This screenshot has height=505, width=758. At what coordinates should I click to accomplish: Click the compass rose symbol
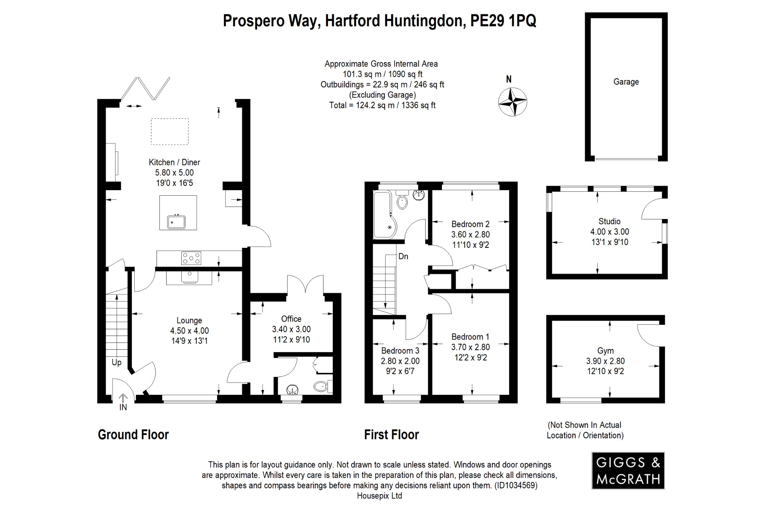(x=512, y=101)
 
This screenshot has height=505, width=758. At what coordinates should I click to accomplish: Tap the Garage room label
(x=626, y=82)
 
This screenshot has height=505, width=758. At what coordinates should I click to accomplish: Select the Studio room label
(x=609, y=221)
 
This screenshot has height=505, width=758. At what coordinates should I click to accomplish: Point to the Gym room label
(x=605, y=350)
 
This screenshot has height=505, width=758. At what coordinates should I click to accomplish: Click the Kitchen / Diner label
(x=174, y=162)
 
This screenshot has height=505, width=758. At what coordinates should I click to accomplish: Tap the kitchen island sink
(x=176, y=222)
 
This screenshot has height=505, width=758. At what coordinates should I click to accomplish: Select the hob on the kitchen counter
(x=191, y=258)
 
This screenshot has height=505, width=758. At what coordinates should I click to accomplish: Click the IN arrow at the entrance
(x=123, y=399)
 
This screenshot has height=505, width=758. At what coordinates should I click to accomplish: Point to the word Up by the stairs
(x=117, y=362)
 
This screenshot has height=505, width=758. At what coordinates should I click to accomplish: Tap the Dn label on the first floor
(x=403, y=256)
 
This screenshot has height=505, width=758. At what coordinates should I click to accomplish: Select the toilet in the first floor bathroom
(x=402, y=202)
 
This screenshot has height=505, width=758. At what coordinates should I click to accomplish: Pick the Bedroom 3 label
(x=400, y=350)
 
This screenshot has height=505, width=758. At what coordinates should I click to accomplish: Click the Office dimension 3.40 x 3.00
(x=291, y=329)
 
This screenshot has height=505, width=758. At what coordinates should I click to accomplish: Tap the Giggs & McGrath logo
(x=628, y=471)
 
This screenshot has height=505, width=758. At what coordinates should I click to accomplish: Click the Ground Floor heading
(x=133, y=434)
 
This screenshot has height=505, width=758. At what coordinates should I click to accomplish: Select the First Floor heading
(x=391, y=434)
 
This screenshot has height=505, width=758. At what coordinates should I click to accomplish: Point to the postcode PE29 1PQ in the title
(x=503, y=21)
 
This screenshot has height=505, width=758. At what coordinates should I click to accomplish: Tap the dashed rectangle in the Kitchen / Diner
(x=170, y=131)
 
